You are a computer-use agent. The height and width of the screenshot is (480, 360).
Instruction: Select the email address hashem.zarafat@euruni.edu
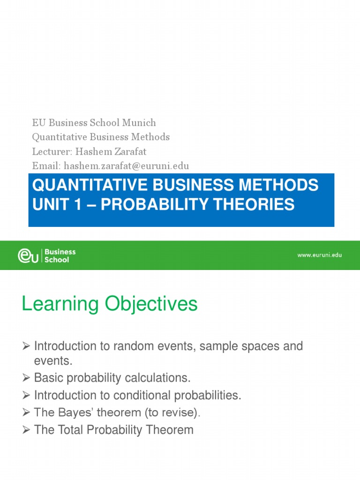tap(127, 166)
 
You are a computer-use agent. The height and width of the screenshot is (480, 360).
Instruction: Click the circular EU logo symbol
tap(29, 255)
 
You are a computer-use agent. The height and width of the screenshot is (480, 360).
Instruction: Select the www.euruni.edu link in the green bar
tap(319, 255)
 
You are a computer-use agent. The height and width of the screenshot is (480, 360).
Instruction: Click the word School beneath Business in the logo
tap(56, 260)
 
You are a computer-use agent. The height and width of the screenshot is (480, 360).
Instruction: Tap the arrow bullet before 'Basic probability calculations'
tap(27, 378)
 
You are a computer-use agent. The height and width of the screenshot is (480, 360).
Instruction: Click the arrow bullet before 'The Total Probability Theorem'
tap(27, 430)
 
